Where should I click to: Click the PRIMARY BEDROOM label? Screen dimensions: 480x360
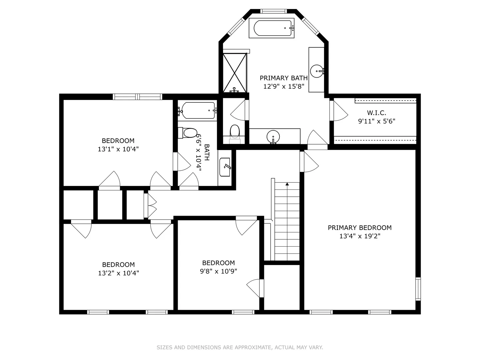(360, 228)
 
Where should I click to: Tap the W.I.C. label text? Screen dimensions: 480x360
(376, 113)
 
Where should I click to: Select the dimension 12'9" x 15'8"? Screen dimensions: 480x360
(284, 86)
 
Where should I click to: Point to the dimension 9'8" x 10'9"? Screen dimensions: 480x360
(218, 271)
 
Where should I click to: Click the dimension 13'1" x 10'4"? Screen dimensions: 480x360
(118, 149)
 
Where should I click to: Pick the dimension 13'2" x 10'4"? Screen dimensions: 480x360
(118, 273)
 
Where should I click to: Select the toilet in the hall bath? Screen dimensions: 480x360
(188, 133)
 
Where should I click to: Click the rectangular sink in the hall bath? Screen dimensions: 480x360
(225, 167)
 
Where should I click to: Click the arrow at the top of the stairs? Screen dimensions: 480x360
(287, 184)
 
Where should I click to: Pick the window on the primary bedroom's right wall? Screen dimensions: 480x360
(418, 289)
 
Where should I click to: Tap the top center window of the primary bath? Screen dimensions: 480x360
(273, 11)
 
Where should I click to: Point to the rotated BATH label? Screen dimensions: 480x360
(207, 152)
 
